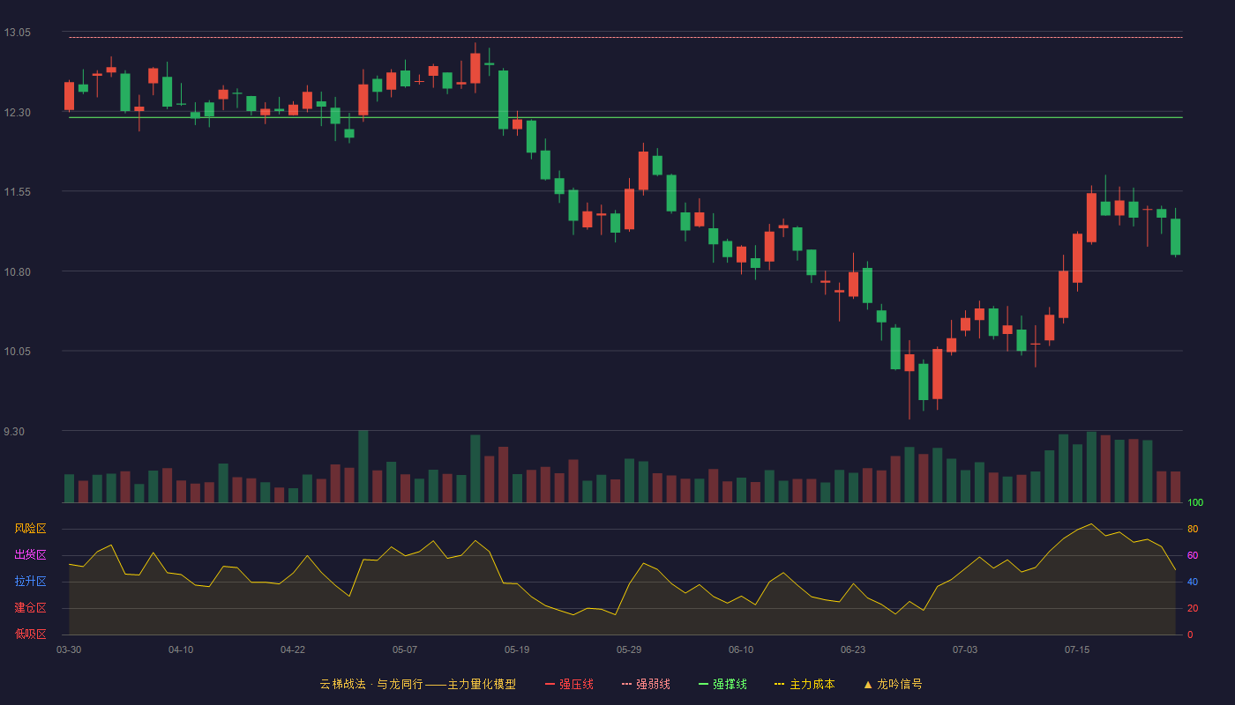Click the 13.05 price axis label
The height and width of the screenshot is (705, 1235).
coord(17,33)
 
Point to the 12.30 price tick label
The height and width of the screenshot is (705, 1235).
coord(17,113)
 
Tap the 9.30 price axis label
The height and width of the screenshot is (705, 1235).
coord(14,432)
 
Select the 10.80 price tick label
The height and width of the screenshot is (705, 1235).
coord(17,272)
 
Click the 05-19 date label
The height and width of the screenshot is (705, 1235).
coord(517,650)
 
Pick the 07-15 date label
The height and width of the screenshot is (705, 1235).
coord(1077,650)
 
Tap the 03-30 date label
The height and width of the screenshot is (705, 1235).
coord(69,650)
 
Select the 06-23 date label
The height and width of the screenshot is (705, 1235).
coord(853,650)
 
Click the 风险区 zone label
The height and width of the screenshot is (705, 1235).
coord(30,529)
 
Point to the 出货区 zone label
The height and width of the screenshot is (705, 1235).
coord(30,554)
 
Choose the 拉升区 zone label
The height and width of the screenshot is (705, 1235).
coord(30,581)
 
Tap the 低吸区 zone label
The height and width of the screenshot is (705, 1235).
coord(30,634)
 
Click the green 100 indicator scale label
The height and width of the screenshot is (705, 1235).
coord(1195,502)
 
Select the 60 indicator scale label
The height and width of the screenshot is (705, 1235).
coord(1193,555)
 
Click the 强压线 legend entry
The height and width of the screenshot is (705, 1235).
coord(569,685)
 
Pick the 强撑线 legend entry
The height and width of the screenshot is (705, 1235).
coord(722,685)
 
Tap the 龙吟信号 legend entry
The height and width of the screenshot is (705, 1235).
coord(893,685)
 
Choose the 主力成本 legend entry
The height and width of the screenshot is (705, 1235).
coord(805,685)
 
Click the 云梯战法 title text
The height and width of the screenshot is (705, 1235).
coord(342,685)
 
